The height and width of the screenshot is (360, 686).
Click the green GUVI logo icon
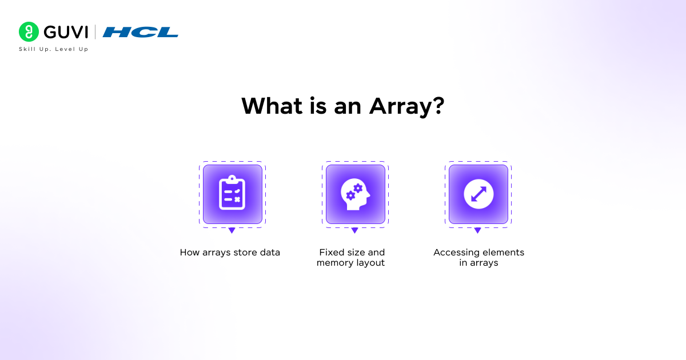tap(29, 32)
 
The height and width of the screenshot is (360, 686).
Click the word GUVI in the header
tap(64, 32)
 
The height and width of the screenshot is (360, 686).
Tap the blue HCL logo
tap(141, 32)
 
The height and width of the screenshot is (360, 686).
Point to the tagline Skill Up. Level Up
tap(54, 49)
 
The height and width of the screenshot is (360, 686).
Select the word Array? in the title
tap(406, 106)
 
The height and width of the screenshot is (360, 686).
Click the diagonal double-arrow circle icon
tap(478, 194)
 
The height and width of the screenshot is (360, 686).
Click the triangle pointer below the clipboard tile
tap(232, 230)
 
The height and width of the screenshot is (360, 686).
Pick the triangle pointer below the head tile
tap(354, 230)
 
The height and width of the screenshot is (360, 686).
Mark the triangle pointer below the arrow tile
tap(477, 230)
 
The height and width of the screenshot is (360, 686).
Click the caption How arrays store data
tap(230, 252)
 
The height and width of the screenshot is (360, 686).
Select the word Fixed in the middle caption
tap(331, 252)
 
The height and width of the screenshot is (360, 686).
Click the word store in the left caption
tap(245, 252)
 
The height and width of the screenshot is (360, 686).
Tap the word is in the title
tap(319, 106)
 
